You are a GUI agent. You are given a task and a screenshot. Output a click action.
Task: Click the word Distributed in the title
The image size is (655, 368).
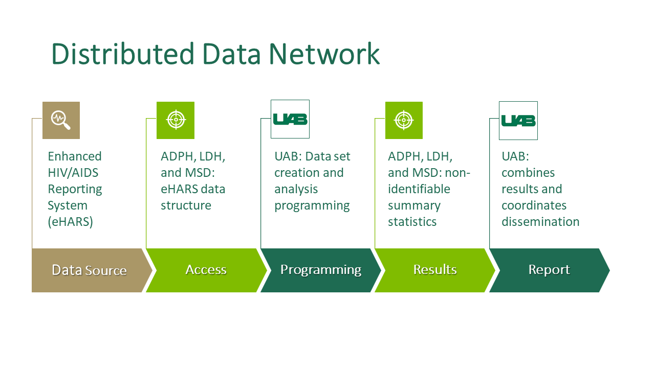[x=123, y=54]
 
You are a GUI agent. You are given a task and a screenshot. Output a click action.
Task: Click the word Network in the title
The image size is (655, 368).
[x=324, y=54]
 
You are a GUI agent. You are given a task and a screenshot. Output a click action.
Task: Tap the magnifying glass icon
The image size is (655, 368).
[x=61, y=120]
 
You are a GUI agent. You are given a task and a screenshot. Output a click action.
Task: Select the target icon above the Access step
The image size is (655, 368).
[x=176, y=120]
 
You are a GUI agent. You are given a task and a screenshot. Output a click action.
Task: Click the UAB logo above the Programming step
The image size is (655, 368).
[x=290, y=119]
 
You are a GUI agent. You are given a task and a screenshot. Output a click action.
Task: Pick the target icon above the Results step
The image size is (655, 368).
[x=404, y=120]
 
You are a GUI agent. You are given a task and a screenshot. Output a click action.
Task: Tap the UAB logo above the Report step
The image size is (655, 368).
[x=518, y=121]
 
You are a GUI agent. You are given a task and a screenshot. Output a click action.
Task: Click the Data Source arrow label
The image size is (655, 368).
[x=89, y=270]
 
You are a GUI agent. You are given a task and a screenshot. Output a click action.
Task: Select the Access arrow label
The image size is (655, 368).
[x=206, y=269]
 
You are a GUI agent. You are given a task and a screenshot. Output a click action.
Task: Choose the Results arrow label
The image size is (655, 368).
[x=435, y=269]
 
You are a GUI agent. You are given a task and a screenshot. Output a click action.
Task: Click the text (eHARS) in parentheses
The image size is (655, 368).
[x=70, y=222]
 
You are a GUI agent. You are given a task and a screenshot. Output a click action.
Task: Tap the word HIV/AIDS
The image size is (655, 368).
[x=73, y=173]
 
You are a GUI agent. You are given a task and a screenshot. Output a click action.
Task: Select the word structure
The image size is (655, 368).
[x=186, y=205]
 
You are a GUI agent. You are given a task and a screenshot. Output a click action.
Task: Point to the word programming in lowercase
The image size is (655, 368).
[x=312, y=206]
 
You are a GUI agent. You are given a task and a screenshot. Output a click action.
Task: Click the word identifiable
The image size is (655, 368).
[x=419, y=189]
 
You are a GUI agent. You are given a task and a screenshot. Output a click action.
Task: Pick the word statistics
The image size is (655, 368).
[x=412, y=222]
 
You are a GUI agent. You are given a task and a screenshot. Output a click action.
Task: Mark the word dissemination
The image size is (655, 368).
[x=540, y=222]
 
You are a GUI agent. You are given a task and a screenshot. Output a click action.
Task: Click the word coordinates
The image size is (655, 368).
[x=534, y=205]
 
